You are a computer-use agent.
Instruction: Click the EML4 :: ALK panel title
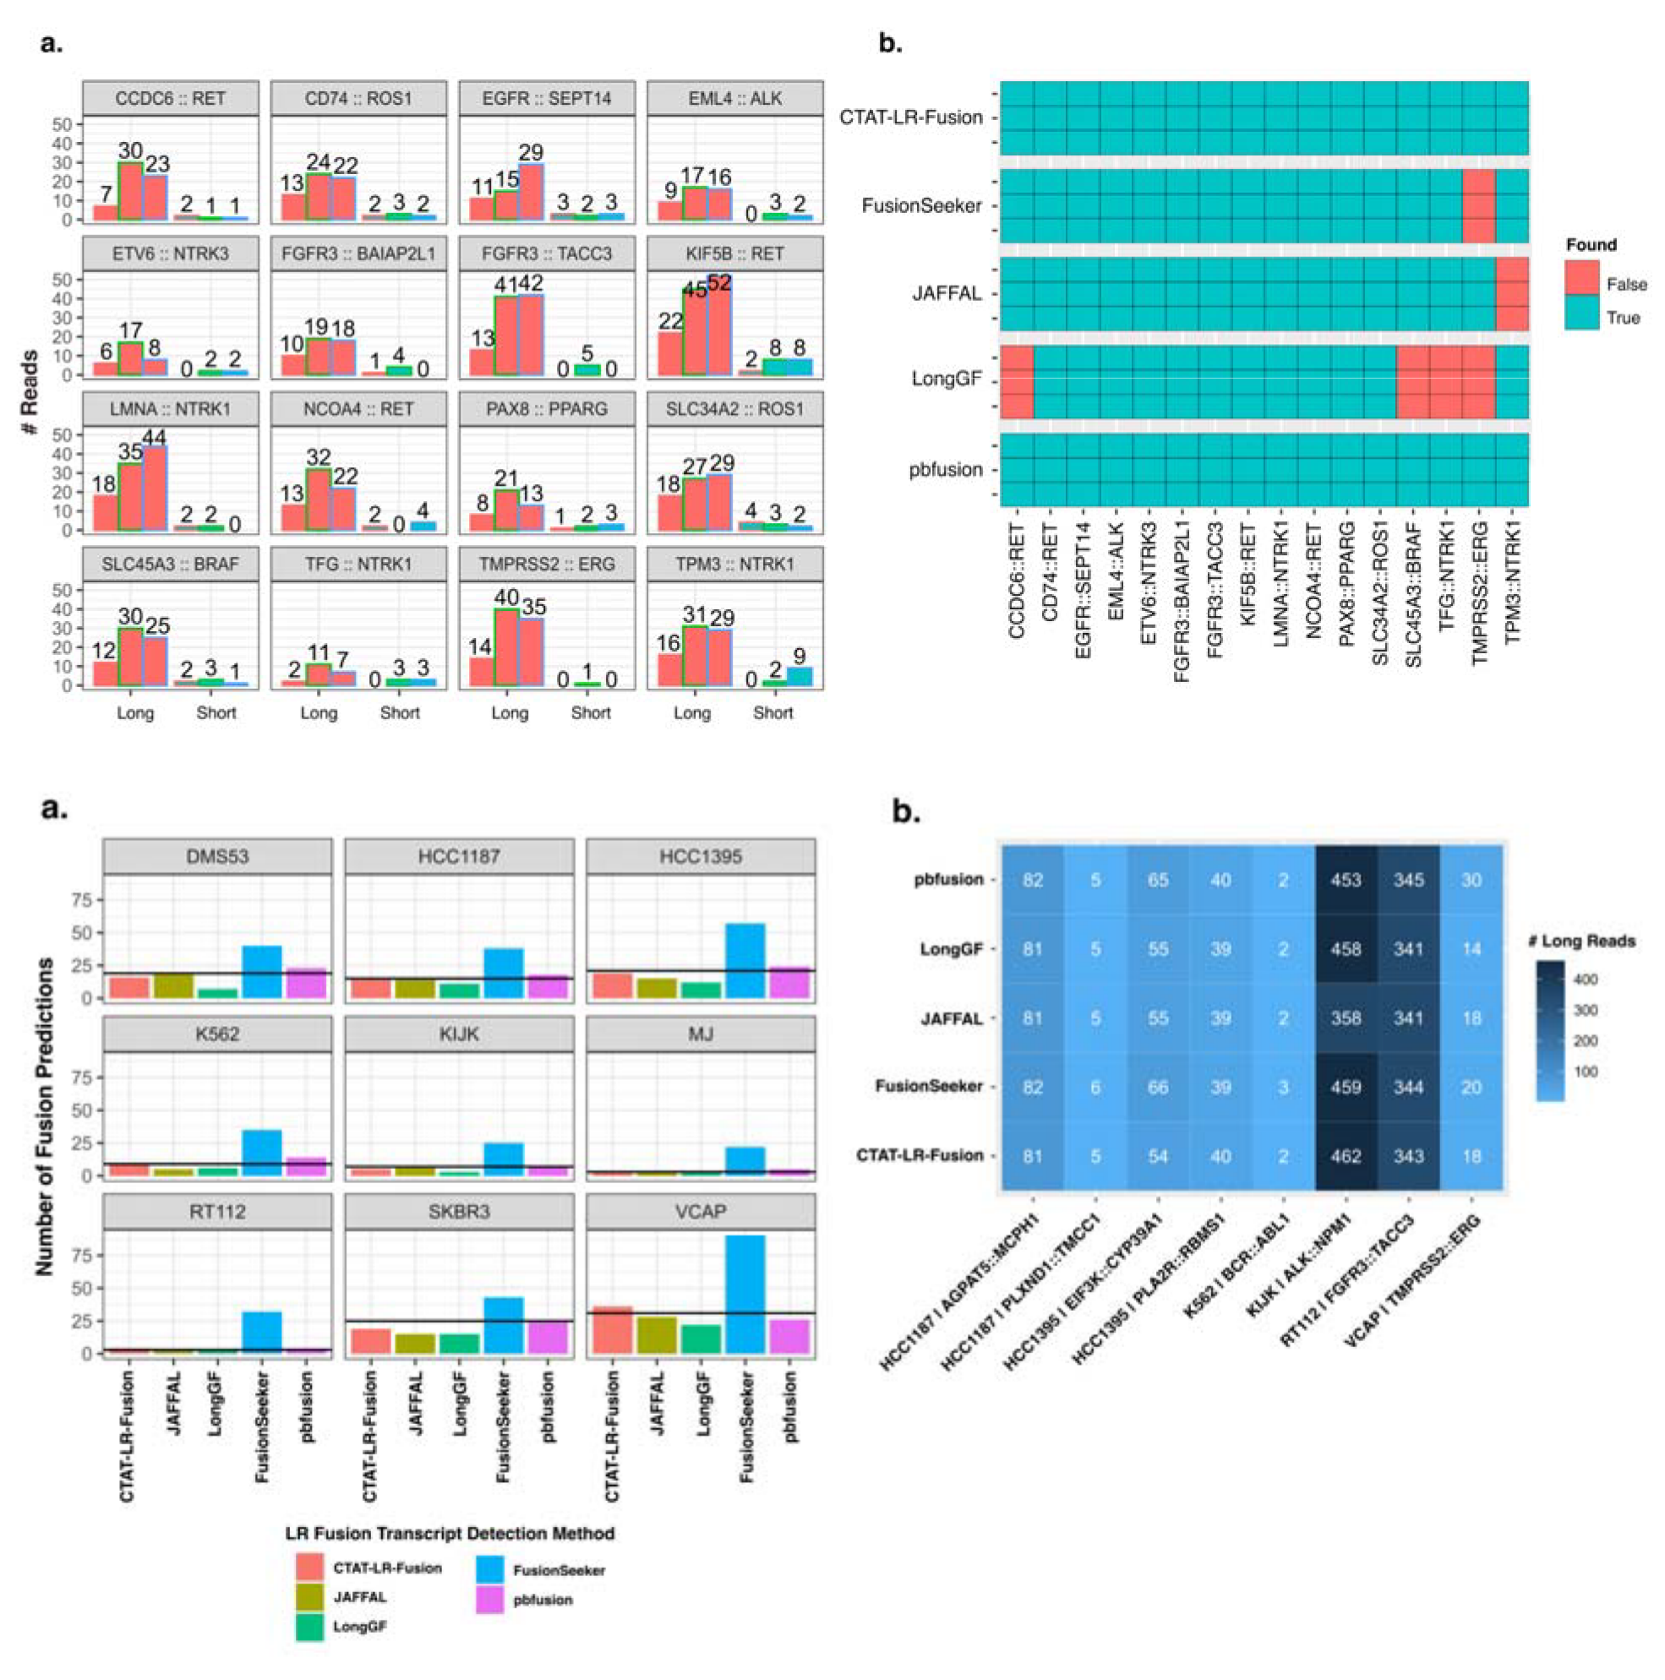(x=734, y=98)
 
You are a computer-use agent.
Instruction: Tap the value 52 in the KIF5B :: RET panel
(x=719, y=283)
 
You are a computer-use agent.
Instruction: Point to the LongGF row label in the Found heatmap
(x=946, y=380)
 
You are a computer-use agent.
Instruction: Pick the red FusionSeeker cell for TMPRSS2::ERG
(x=1478, y=206)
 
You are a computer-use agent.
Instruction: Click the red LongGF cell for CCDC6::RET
(x=1017, y=382)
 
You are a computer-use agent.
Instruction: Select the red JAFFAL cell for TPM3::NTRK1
(x=1511, y=294)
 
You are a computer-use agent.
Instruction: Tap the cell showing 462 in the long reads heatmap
(x=1345, y=1157)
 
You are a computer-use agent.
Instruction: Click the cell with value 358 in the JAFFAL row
(x=1345, y=1018)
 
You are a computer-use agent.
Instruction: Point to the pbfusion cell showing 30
(x=1471, y=880)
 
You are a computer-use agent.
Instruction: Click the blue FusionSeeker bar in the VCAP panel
(x=745, y=1295)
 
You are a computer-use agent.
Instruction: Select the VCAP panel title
(x=701, y=1212)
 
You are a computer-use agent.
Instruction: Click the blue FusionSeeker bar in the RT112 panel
(x=262, y=1332)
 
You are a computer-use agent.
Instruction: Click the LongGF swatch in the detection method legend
(x=309, y=1627)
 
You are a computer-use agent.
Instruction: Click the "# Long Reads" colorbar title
(x=1581, y=941)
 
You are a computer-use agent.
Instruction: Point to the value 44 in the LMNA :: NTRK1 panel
(x=154, y=439)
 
